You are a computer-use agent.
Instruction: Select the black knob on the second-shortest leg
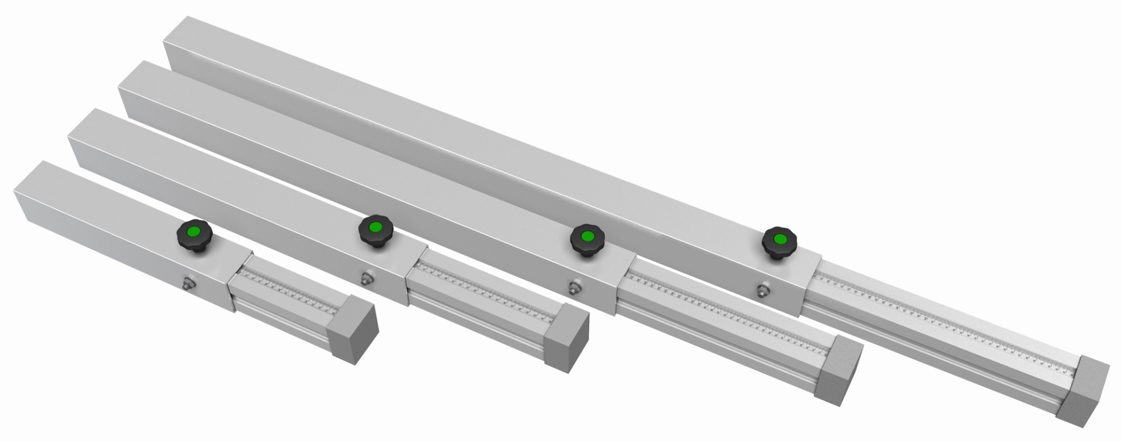(x=375, y=231)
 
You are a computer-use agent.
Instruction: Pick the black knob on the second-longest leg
(x=587, y=240)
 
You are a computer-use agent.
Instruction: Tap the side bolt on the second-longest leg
(x=575, y=287)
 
